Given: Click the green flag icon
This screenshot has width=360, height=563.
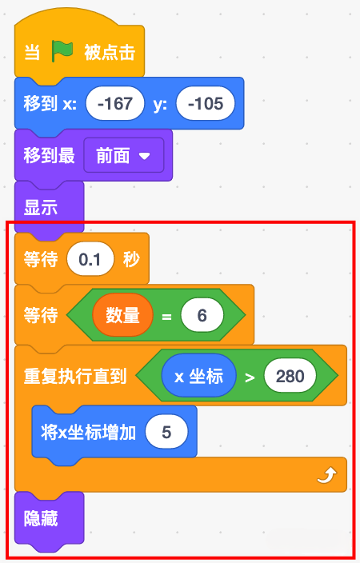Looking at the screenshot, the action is pyautogui.click(x=62, y=51).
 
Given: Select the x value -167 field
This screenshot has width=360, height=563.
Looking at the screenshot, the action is pyautogui.click(x=115, y=103).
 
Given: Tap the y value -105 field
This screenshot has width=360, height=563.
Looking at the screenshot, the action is pyautogui.click(x=206, y=103).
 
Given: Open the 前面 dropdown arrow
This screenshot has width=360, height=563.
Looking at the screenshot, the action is pyautogui.click(x=145, y=156).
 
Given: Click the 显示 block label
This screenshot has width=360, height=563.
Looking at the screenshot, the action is pyautogui.click(x=41, y=208).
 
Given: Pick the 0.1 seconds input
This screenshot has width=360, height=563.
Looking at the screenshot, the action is pyautogui.click(x=90, y=259).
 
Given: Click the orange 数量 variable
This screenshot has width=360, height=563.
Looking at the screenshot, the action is pyautogui.click(x=122, y=315).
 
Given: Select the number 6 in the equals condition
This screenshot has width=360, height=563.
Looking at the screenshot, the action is pyautogui.click(x=202, y=315).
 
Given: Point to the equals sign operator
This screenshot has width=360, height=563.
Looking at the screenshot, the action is pyautogui.click(x=166, y=317).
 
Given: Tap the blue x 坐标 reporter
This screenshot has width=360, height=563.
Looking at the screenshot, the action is pyautogui.click(x=198, y=376).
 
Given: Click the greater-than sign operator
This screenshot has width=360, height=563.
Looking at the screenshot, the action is pyautogui.click(x=250, y=377).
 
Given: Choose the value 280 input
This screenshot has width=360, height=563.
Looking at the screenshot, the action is pyautogui.click(x=290, y=376).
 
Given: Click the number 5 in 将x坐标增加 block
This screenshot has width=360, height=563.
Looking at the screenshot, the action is pyautogui.click(x=166, y=432).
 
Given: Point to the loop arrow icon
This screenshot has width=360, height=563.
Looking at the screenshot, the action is pyautogui.click(x=327, y=475).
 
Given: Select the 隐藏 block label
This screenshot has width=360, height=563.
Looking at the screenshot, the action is pyautogui.click(x=41, y=518).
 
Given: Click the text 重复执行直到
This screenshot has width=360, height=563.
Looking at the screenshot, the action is pyautogui.click(x=75, y=376).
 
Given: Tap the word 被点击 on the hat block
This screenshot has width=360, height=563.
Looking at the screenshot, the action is pyautogui.click(x=110, y=52).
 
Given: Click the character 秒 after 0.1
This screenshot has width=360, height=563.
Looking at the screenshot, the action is pyautogui.click(x=131, y=259).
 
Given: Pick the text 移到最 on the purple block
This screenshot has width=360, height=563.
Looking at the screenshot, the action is pyautogui.click(x=50, y=156).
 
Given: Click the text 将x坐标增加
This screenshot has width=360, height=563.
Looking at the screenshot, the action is pyautogui.click(x=88, y=432).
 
